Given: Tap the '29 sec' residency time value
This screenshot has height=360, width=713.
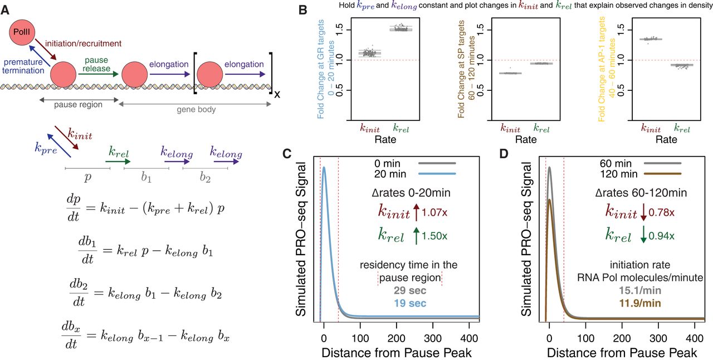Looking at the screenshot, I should (409, 290).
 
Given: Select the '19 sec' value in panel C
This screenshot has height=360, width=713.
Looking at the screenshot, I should (409, 303).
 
